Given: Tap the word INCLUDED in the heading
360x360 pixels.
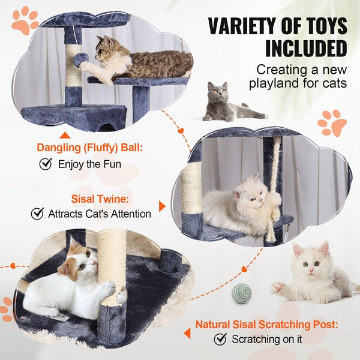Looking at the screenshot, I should [306, 48].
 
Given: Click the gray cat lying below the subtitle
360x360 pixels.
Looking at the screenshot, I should [228, 103].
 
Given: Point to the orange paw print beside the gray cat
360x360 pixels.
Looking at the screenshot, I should [332, 122].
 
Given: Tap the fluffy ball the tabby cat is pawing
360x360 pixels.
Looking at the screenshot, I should [80, 60].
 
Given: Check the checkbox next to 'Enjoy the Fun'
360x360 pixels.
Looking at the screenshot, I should [45, 164].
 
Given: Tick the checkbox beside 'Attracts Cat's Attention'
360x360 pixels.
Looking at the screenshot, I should [37, 213].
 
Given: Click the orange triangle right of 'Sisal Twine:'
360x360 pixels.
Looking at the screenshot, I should [162, 206].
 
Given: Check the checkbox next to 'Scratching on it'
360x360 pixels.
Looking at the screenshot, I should [220, 339].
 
